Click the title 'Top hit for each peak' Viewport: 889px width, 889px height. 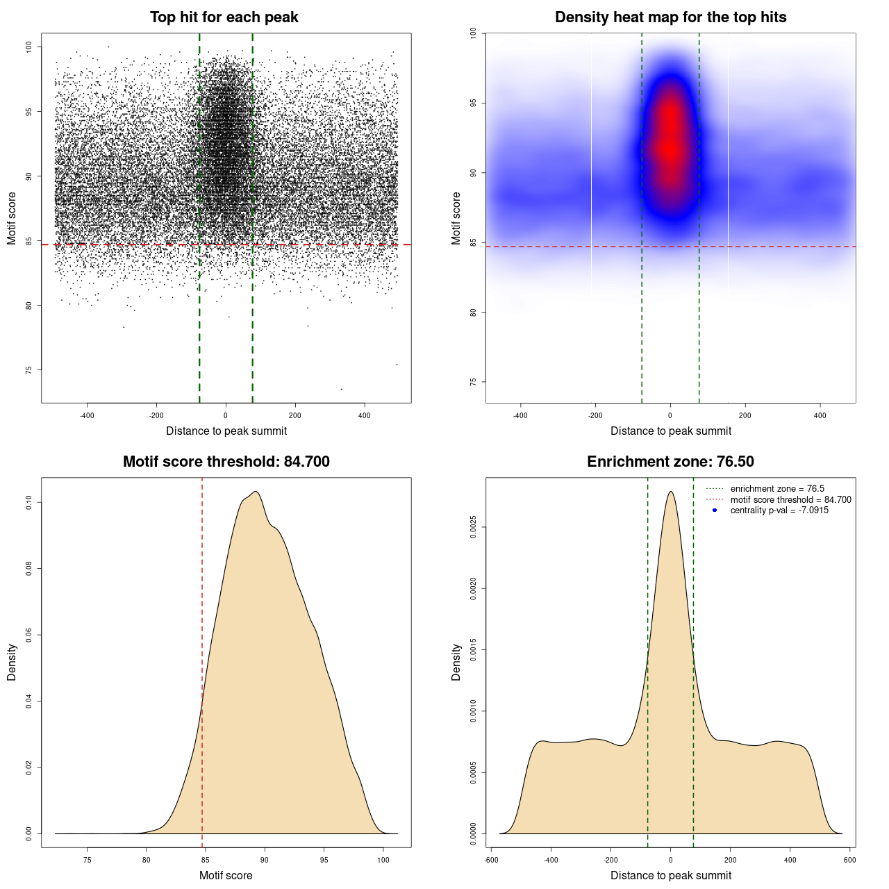pyautogui.click(x=224, y=17)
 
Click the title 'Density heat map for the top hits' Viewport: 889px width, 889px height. pyautogui.click(x=670, y=17)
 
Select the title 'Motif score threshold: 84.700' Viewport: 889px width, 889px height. pyautogui.click(x=226, y=462)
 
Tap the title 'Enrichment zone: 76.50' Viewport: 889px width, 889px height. pyautogui.click(x=670, y=462)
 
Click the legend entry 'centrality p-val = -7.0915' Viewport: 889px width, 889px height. pyautogui.click(x=779, y=510)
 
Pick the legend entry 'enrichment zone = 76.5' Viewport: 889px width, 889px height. pyautogui.click(x=777, y=489)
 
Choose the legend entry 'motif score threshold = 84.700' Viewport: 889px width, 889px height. pyautogui.click(x=790, y=500)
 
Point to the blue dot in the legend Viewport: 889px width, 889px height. pyautogui.click(x=715, y=510)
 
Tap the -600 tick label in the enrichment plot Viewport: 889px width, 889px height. pyautogui.click(x=490, y=860)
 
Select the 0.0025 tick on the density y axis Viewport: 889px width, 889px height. pyautogui.click(x=474, y=527)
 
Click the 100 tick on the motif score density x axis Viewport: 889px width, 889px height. pyautogui.click(x=383, y=860)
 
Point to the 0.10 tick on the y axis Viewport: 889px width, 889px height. pyautogui.click(x=29, y=502)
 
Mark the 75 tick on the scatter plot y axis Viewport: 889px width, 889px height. pyautogui.click(x=29, y=370)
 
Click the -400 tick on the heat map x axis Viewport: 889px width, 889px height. pyautogui.click(x=520, y=415)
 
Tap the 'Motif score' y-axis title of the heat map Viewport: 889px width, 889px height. pyautogui.click(x=456, y=218)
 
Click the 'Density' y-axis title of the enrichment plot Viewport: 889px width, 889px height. pyautogui.click(x=456, y=662)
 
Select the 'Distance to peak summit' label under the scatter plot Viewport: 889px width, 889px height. pyautogui.click(x=226, y=431)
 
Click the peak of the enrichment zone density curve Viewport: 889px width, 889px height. pyautogui.click(x=670, y=492)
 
